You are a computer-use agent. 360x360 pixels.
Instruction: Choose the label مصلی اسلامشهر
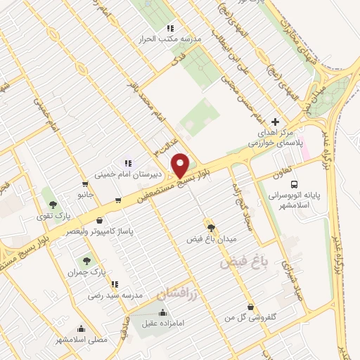point(83,340)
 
